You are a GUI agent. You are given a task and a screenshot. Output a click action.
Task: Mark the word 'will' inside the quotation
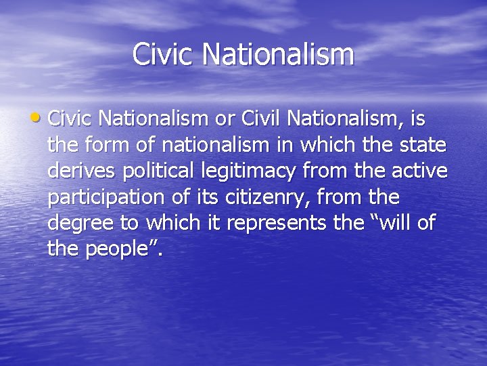[x=398, y=224]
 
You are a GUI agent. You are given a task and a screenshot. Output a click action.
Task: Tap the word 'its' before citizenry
[x=200, y=198]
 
